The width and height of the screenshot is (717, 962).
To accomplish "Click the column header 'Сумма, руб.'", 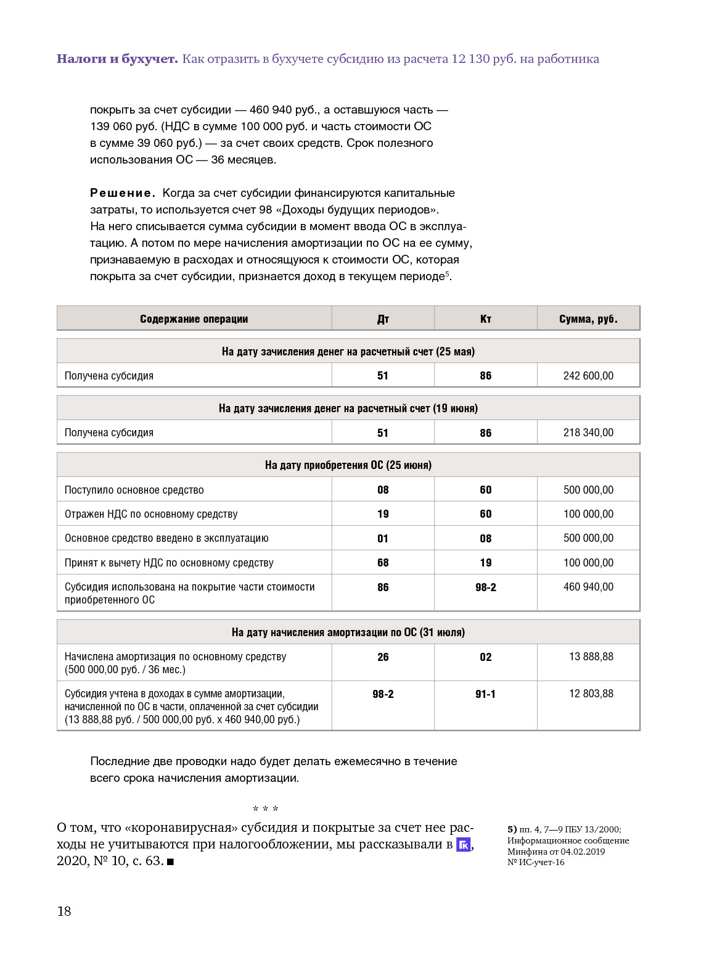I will tap(588, 319).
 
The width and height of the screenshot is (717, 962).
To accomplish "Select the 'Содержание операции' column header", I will tap(194, 319).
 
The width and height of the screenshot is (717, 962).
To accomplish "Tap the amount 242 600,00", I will tap(588, 376).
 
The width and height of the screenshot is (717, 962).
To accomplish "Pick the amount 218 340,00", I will tap(588, 433).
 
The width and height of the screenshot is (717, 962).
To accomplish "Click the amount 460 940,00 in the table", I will tap(588, 587).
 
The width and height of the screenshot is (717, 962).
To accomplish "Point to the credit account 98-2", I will tap(486, 587).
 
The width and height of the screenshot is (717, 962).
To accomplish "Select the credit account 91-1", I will tap(486, 694).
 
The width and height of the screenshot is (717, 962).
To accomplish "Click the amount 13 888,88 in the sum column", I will tap(591, 657).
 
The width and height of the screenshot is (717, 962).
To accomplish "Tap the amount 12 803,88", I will tap(591, 694).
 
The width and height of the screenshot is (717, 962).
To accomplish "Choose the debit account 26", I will tap(383, 657).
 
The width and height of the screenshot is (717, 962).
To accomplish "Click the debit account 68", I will tap(383, 563).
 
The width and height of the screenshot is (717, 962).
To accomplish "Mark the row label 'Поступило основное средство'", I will tap(134, 490).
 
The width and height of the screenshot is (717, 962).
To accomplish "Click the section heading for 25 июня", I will tap(348, 465).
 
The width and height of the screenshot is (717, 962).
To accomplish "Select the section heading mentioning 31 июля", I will tap(348, 632).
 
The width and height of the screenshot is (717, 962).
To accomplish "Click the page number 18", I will tap(64, 911).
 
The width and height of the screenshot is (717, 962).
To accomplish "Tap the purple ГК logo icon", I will tap(463, 845).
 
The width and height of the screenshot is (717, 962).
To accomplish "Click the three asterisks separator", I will tap(266, 809).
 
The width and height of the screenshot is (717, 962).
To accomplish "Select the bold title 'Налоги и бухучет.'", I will tap(117, 59).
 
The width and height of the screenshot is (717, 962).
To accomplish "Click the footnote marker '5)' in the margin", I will tap(512, 830).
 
